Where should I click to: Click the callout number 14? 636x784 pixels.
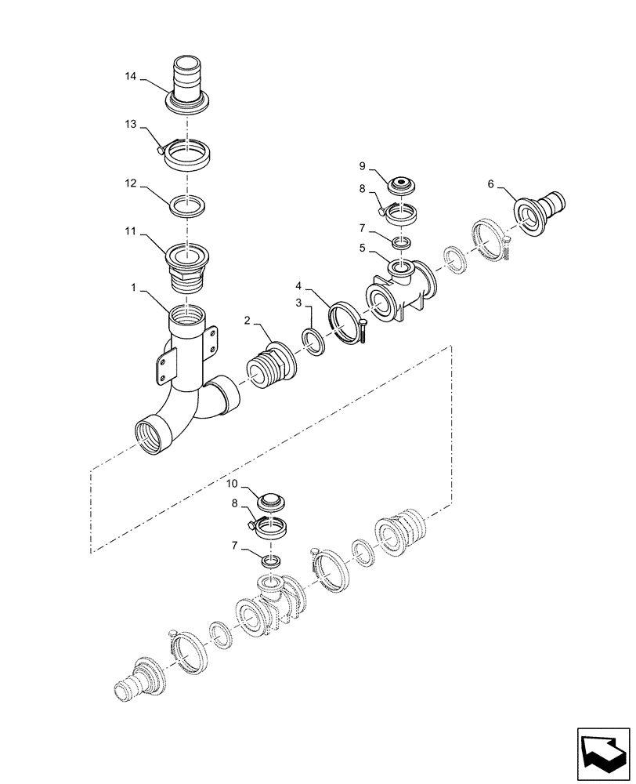130,76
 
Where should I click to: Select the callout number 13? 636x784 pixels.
130,125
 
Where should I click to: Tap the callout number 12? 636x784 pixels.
130,183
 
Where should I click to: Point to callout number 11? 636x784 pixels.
130,233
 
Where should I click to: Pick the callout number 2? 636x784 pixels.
247,320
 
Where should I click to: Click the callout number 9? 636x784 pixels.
362,166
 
